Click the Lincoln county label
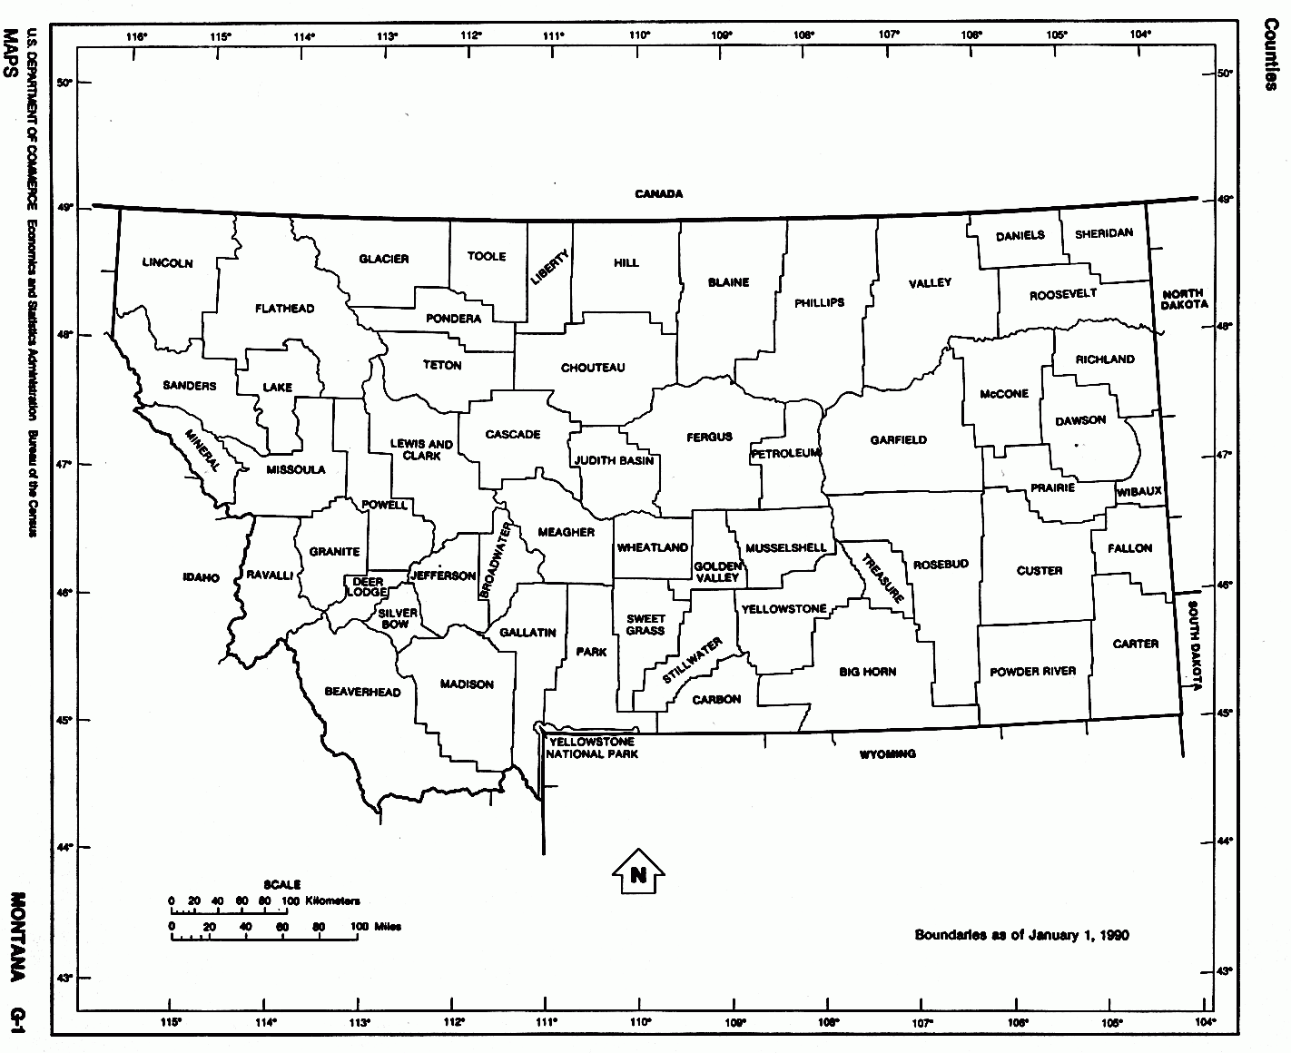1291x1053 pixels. (168, 263)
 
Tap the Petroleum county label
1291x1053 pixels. (786, 453)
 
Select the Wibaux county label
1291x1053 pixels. (1139, 491)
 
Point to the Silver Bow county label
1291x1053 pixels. (398, 619)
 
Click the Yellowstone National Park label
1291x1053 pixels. (593, 748)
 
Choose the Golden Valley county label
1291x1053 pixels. (718, 572)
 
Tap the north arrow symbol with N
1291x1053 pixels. (638, 874)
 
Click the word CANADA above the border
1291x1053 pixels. (658, 193)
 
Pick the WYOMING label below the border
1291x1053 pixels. (887, 753)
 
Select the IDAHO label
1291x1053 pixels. (201, 577)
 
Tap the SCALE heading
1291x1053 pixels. (282, 884)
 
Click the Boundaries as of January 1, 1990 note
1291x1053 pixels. (1021, 935)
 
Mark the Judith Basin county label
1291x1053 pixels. (614, 460)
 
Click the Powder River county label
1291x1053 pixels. (1033, 671)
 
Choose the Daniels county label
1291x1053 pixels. (1020, 236)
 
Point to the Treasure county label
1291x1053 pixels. (882, 578)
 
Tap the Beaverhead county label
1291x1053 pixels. (362, 692)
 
